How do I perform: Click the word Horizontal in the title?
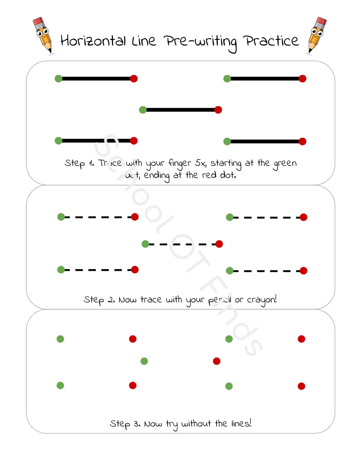click(x=93, y=41)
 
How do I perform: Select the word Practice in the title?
click(x=271, y=41)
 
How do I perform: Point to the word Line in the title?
click(x=144, y=41)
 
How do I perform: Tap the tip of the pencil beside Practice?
click(x=309, y=51)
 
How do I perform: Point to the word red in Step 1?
click(x=209, y=175)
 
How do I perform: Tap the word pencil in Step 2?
click(x=220, y=300)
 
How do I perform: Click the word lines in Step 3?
click(x=241, y=424)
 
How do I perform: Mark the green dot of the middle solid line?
click(x=143, y=110)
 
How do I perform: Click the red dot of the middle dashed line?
click(x=219, y=244)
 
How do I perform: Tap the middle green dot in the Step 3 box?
click(x=144, y=361)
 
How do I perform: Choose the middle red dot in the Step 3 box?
click(x=217, y=361)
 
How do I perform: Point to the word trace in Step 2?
click(x=151, y=299)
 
